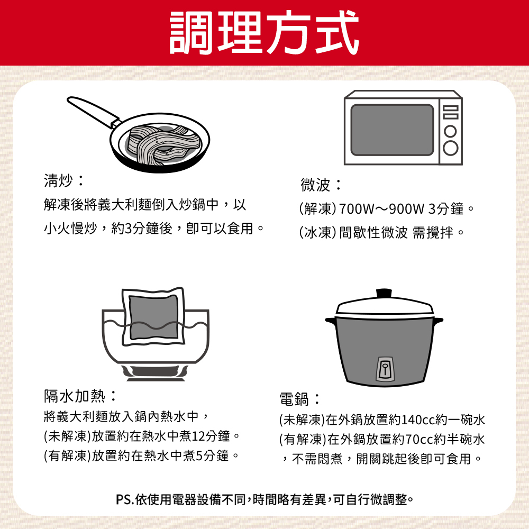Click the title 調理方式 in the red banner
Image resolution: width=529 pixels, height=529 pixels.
pos(264,33)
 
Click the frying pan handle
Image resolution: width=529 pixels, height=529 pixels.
pos(93,112)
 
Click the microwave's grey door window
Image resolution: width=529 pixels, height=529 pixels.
pos(392,130)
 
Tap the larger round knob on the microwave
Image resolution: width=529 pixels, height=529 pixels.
pos(451,148)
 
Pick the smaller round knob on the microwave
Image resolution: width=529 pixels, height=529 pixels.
pos(450,131)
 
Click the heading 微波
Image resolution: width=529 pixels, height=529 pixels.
pos(315,185)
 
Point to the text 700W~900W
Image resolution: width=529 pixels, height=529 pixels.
pos(381,209)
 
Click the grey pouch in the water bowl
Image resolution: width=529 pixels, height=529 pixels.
pos(153,317)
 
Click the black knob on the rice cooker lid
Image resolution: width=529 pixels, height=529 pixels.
pos(384,293)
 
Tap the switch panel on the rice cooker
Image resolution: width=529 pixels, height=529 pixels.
pos(385,368)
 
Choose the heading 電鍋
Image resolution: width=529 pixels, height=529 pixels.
pos(294,399)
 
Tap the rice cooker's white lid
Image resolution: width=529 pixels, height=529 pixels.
pos(384,306)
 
